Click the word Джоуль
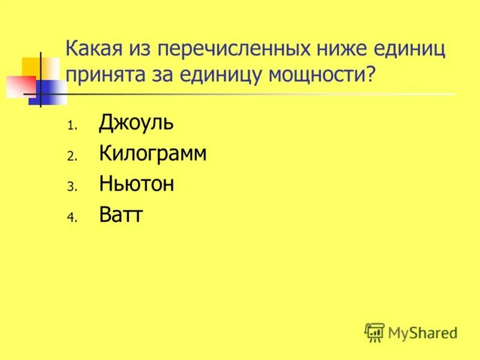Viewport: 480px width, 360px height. point(136,124)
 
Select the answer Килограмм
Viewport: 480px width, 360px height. point(153,154)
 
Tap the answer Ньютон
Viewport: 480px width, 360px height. point(137,184)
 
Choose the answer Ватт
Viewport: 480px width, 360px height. point(121,214)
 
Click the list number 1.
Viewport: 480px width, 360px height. point(70,127)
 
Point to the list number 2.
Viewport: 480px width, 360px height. point(70,157)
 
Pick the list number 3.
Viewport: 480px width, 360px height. point(70,187)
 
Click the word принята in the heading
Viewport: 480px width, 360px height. point(104,75)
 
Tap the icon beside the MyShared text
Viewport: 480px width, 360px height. point(374,331)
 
